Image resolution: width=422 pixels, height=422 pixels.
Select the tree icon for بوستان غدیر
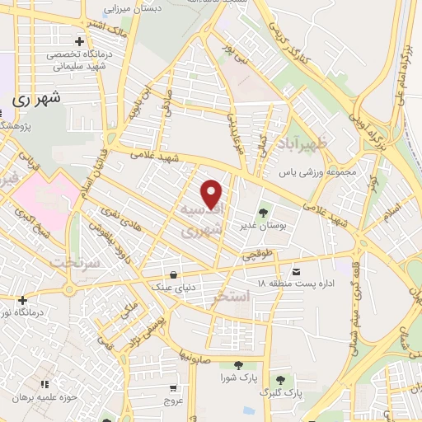[265, 209]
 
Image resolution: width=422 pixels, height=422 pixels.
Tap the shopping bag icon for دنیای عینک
[172, 275]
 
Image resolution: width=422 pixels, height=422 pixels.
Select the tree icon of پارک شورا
[238, 365]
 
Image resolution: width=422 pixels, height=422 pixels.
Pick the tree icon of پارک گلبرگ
[281, 380]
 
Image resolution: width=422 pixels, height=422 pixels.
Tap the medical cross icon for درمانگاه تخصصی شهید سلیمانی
[79, 41]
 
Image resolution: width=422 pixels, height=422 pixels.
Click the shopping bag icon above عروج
[172, 388]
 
